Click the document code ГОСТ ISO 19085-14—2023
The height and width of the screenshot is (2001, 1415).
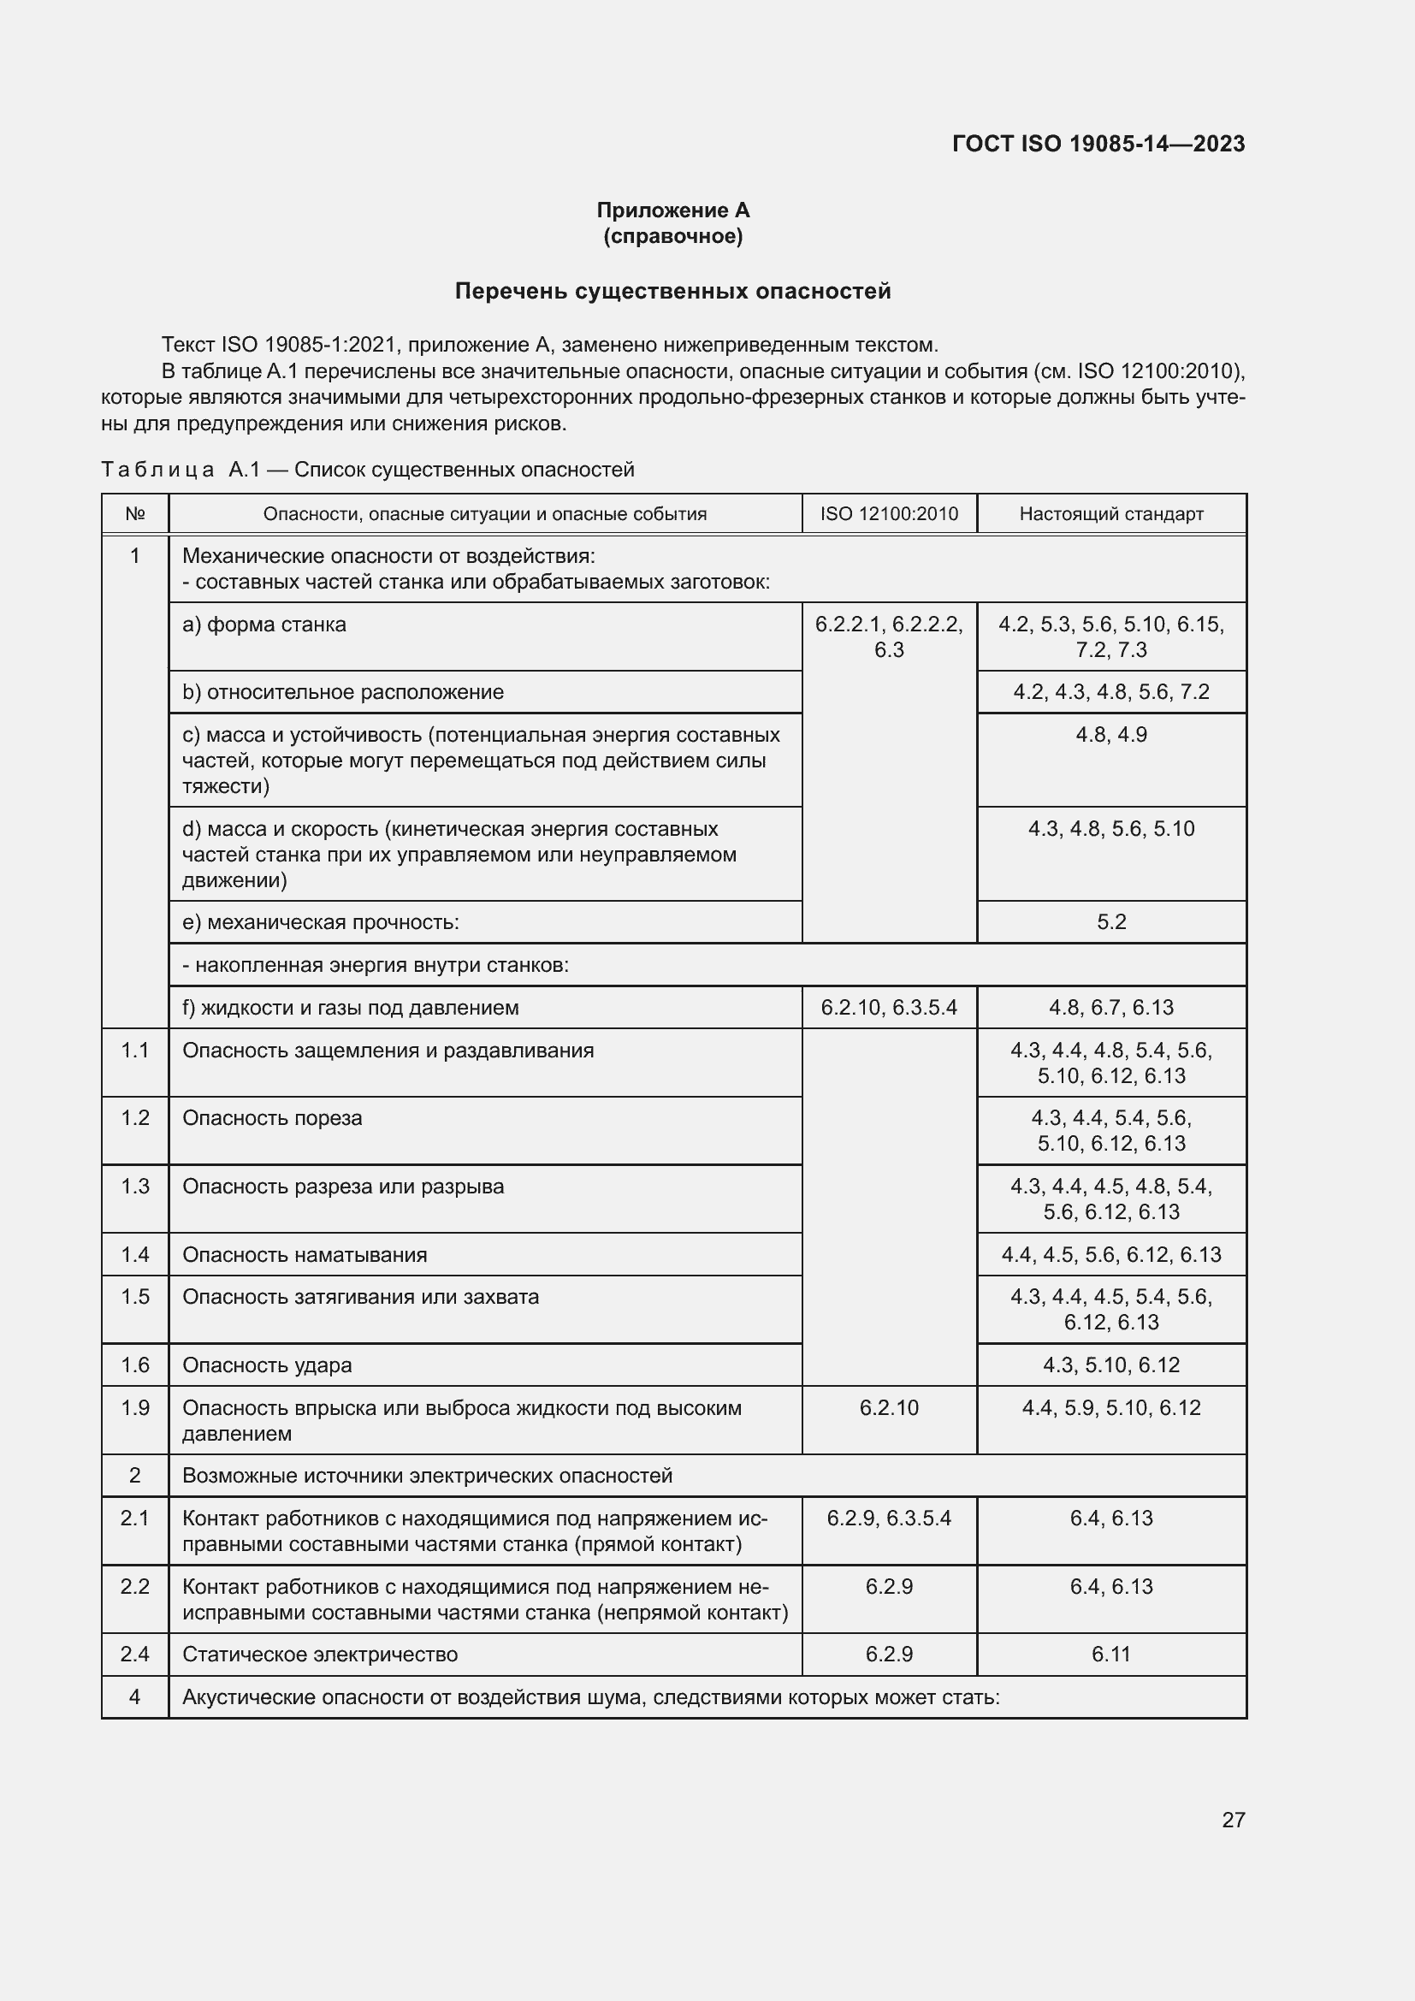1098,144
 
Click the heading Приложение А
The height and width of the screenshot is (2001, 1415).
672,210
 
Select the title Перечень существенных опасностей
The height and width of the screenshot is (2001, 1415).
672,291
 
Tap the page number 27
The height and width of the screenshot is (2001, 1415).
1233,1820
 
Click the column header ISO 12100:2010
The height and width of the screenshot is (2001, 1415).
889,514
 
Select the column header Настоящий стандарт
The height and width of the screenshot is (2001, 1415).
1111,514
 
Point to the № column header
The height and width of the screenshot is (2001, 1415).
135,514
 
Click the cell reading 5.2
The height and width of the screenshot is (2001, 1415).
1111,922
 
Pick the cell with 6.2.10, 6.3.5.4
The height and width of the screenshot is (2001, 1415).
889,1008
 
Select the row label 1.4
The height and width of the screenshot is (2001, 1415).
135,1254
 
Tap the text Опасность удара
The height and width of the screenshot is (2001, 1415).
267,1365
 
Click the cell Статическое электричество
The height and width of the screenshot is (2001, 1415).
320,1655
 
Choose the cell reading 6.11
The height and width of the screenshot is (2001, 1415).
1111,1655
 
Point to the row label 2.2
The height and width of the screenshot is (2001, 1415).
135,1586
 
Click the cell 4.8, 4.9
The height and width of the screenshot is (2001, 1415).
1111,735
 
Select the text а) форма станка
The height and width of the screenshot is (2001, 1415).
264,625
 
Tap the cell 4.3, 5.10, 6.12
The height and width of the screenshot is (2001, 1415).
1111,1365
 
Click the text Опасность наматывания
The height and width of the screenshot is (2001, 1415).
304,1254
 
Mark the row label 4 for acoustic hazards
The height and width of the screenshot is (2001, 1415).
135,1696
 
